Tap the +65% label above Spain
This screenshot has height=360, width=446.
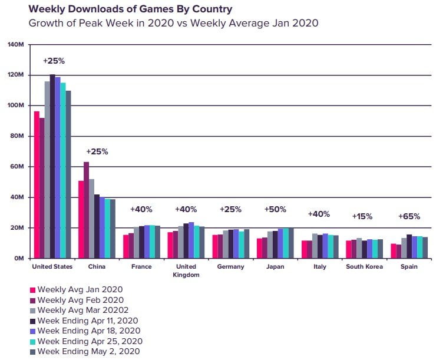409,216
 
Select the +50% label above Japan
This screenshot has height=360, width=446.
275,209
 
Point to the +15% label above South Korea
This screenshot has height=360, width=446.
362,216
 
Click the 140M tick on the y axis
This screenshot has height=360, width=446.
15,45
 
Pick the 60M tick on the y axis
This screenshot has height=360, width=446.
16,167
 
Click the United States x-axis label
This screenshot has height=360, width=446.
52,267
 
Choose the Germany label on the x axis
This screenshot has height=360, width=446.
230,267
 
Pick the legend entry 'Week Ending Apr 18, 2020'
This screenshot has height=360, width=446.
84,331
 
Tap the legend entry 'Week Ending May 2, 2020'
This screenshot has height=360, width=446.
81,352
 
